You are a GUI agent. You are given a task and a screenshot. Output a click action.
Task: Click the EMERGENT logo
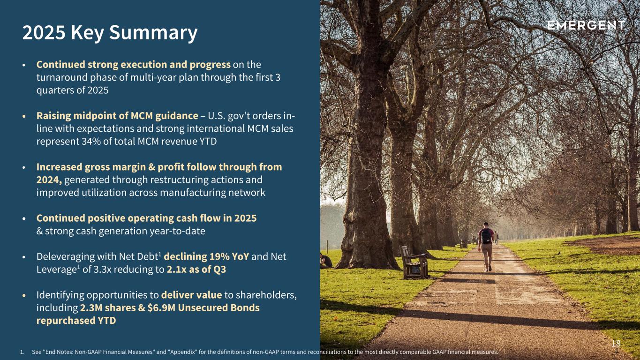coord(586,25)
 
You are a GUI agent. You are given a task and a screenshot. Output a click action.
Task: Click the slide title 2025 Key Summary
coord(110,32)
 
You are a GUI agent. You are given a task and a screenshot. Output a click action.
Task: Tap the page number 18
coord(616,344)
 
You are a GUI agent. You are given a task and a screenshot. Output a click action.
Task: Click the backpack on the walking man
coord(486,236)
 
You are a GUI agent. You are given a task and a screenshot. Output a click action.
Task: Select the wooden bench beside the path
coord(414,262)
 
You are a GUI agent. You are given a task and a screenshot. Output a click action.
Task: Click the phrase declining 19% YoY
coord(206,256)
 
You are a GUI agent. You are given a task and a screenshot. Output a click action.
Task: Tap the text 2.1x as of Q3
coord(196,270)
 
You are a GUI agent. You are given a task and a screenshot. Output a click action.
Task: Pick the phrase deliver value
coord(191,295)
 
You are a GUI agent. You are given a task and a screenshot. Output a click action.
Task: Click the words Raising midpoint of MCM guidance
coord(117,116)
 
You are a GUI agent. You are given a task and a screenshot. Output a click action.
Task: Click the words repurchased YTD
coord(76,321)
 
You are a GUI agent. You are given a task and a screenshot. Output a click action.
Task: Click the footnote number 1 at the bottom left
coord(22,352)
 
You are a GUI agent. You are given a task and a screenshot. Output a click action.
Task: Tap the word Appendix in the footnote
coord(182,352)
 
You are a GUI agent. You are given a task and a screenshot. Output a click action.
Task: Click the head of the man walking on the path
coord(486,225)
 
